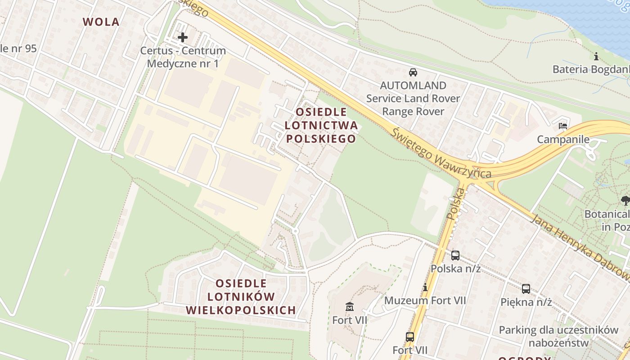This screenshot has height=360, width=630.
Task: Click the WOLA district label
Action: [x=101, y=22]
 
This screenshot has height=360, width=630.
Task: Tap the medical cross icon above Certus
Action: [x=183, y=37]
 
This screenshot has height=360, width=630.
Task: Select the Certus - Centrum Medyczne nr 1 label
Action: [x=183, y=57]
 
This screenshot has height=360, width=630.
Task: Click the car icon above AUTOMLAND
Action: [x=413, y=72]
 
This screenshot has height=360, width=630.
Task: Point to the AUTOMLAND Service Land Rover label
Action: [x=413, y=98]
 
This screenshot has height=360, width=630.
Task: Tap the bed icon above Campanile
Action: [x=563, y=126]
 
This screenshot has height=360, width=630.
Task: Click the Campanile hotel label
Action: [x=563, y=139]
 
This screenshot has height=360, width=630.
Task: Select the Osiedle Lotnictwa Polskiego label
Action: [x=321, y=125]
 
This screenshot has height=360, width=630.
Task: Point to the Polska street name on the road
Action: [x=455, y=203]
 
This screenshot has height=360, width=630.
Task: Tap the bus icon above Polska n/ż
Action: [x=455, y=256]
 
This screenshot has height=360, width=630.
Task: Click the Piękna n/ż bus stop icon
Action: [x=526, y=289]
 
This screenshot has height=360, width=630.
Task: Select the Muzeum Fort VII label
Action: [x=425, y=300]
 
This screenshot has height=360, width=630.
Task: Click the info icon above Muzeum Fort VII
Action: [x=425, y=287]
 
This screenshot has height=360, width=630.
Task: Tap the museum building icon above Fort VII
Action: [x=350, y=307]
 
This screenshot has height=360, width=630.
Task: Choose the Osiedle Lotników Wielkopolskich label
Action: [x=241, y=297]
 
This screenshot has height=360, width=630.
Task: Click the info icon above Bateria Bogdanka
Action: [x=596, y=57]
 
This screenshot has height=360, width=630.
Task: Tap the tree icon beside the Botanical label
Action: [x=625, y=200]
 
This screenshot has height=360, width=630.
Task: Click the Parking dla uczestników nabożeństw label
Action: [x=558, y=336]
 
